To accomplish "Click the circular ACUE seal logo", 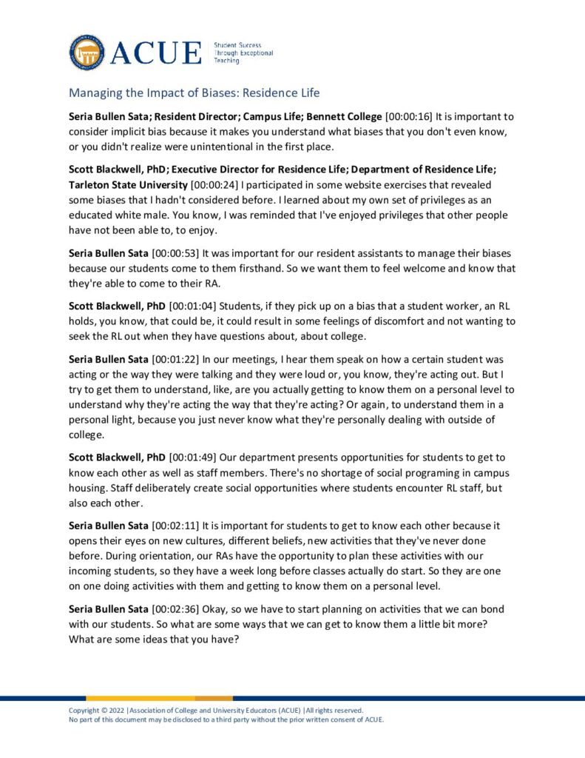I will [87, 52].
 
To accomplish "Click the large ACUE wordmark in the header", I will [157, 53].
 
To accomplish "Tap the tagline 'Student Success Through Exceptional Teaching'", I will [243, 53].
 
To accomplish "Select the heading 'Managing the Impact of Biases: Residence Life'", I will [194, 93].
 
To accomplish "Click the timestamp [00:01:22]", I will [175, 360].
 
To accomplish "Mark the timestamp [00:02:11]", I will [175, 526].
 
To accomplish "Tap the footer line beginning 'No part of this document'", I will [226, 720].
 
